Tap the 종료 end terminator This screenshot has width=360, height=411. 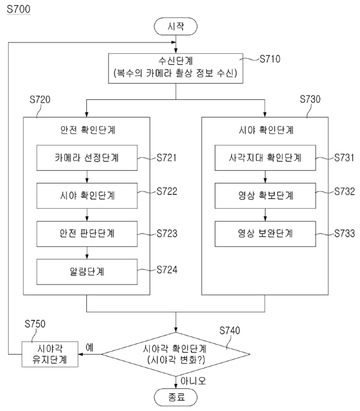(x=176, y=396)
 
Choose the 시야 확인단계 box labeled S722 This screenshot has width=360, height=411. (x=87, y=196)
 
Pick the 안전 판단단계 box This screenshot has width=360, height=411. (x=87, y=234)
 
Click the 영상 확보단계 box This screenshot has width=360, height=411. (x=265, y=196)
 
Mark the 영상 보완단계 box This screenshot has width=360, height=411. (x=265, y=234)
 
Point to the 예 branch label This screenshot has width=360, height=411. (x=89, y=347)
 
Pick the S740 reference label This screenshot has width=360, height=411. (x=230, y=330)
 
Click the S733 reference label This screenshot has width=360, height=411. (x=344, y=234)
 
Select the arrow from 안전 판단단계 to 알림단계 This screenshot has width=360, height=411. (x=87, y=252)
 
